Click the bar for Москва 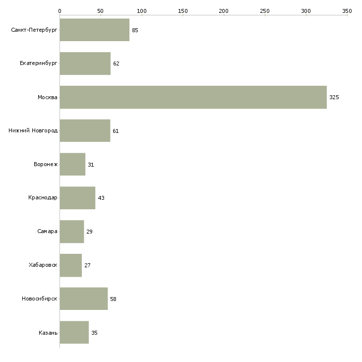[193, 97]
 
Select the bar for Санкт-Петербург [94, 30]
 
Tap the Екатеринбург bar [85, 63]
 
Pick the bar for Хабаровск [70, 265]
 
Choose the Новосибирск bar [83, 299]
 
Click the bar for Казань [74, 333]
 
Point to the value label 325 [334, 98]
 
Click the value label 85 [135, 31]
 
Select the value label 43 [101, 198]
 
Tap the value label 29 [90, 232]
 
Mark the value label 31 [91, 165]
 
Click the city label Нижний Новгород [33, 131]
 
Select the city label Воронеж [46, 165]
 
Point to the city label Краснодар [43, 198]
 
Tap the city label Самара [47, 232]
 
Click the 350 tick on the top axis [347, 10]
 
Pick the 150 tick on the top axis [183, 10]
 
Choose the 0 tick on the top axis [60, 10]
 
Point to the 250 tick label [265, 10]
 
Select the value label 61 [116, 131]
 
